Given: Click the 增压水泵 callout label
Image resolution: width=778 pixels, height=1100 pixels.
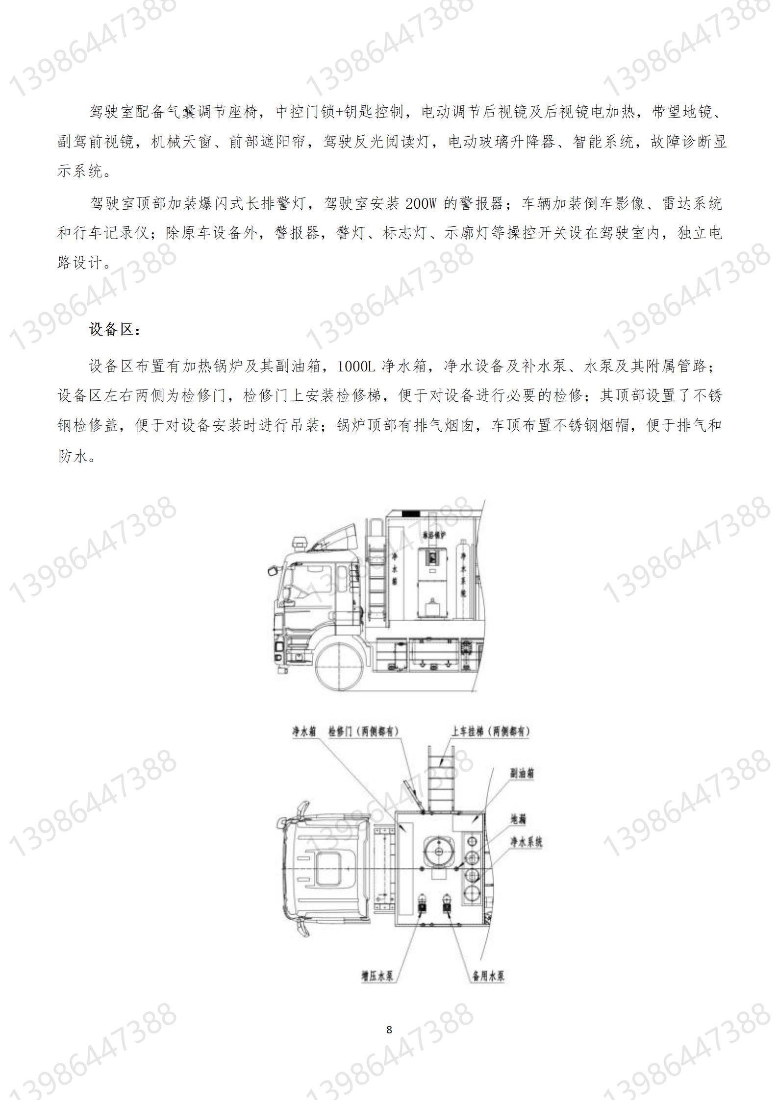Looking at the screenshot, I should (377, 976).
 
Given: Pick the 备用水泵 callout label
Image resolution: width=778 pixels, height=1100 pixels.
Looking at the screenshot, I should (488, 976).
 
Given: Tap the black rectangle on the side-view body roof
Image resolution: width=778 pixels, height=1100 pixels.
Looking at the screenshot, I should (410, 513).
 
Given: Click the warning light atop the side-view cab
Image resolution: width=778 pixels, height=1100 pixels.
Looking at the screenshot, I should (299, 543).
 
